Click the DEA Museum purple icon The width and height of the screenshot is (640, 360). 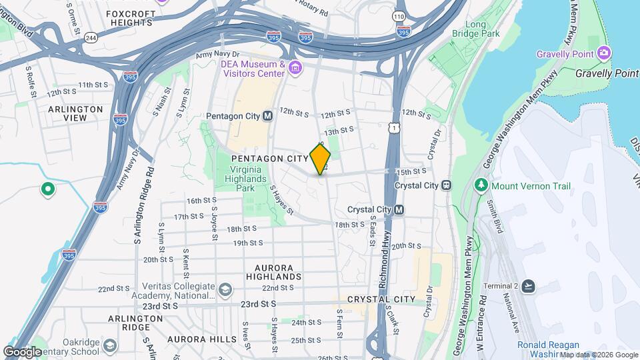tap(295, 67)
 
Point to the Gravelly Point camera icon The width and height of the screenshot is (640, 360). tap(604, 53)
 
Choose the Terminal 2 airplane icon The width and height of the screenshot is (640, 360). tap(529, 286)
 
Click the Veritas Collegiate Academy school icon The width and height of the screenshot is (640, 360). tap(225, 289)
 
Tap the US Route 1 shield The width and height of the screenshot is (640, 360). tap(395, 127)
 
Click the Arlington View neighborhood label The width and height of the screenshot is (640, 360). tap(75, 113)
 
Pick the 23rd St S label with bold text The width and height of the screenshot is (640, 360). tap(258, 304)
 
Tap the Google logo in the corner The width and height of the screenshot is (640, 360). tap(23, 351)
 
